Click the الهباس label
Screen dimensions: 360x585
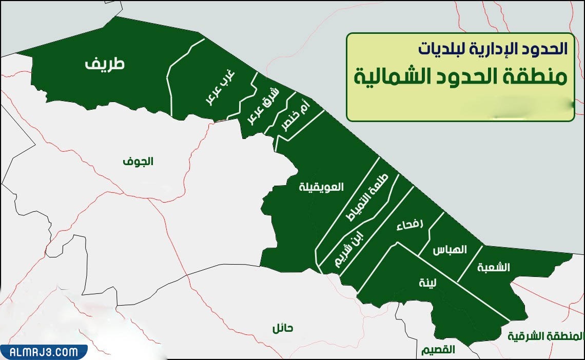[x=450, y=250]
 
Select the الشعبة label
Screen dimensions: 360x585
[x=493, y=267]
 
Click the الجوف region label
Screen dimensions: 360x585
[x=138, y=162]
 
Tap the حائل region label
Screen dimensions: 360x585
[x=282, y=328]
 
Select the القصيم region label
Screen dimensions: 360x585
[x=438, y=350]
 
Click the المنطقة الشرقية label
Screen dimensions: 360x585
[x=545, y=336]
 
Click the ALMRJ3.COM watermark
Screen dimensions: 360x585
[x=44, y=352]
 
